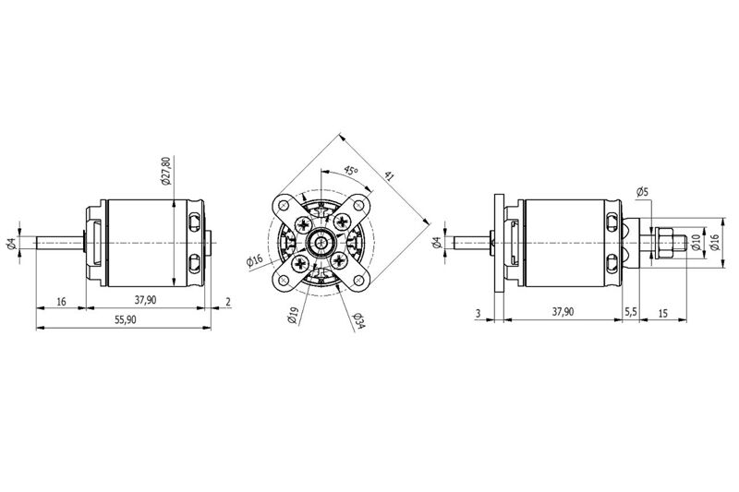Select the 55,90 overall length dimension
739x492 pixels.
point(126,319)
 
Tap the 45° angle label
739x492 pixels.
point(350,170)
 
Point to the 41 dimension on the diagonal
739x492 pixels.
point(389,176)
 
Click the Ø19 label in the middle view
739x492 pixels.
point(293,315)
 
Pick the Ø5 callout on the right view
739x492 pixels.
point(642,192)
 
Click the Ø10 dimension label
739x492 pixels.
point(696,243)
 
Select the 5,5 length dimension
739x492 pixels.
point(631,312)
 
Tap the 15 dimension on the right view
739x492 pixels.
point(662,313)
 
